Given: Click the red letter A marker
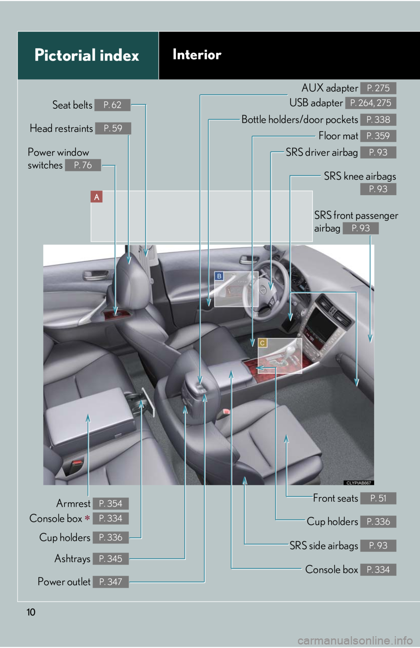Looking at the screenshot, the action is click(x=97, y=196).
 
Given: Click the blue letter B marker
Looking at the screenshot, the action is click(x=219, y=276).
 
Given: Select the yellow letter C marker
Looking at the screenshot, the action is click(x=262, y=343).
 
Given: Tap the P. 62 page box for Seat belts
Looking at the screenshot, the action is click(x=112, y=105).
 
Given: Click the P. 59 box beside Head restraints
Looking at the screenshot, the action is click(x=113, y=128).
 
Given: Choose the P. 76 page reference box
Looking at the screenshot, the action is click(x=83, y=165).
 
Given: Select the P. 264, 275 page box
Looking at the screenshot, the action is click(x=371, y=103).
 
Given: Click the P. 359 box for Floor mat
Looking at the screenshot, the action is click(x=378, y=136).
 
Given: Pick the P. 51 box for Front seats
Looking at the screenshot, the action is click(x=378, y=498).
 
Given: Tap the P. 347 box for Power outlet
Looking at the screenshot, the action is click(x=111, y=582).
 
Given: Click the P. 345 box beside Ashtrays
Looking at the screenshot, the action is click(x=111, y=558).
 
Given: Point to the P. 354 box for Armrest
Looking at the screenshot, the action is click(x=111, y=503).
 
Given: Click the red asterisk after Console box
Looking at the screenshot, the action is click(x=87, y=518).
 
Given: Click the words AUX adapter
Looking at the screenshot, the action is click(x=330, y=88).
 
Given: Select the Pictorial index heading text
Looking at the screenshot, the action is click(x=87, y=55).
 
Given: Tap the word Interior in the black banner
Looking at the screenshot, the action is click(x=197, y=55).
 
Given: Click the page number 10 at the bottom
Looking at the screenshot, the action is click(x=31, y=612).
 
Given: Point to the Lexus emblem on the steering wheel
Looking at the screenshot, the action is click(x=263, y=289).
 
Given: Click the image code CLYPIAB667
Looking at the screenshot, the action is click(x=359, y=483).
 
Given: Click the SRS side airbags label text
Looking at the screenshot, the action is click(x=324, y=545).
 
